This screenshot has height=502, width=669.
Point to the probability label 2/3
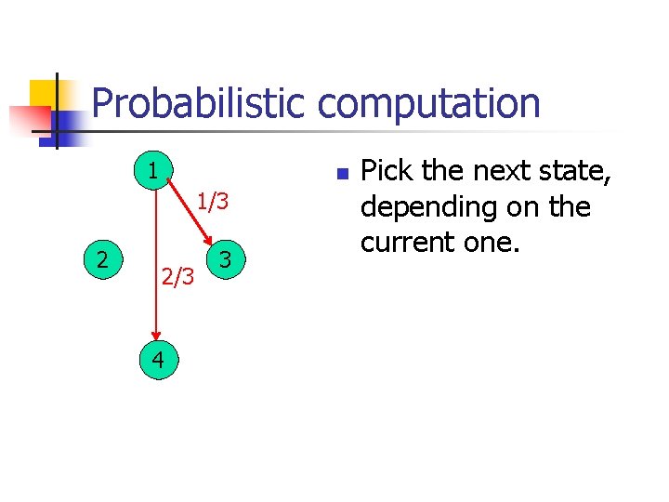177,276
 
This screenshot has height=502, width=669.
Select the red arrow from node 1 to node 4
156,270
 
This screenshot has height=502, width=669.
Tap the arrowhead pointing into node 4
156,338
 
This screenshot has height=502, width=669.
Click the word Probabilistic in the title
197,103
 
